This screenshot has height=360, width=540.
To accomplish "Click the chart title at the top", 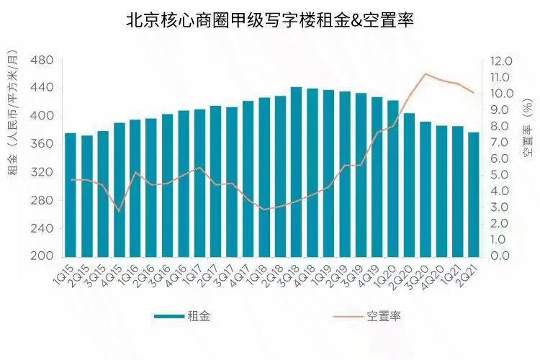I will tap(269, 21).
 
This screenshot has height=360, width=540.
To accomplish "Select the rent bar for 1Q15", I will tap(71, 194).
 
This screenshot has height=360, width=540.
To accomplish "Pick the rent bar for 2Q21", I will tap(474, 194).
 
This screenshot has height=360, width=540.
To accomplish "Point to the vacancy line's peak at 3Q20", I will tap(426, 73).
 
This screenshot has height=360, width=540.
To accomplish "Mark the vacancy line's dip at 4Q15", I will tap(119, 210).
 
